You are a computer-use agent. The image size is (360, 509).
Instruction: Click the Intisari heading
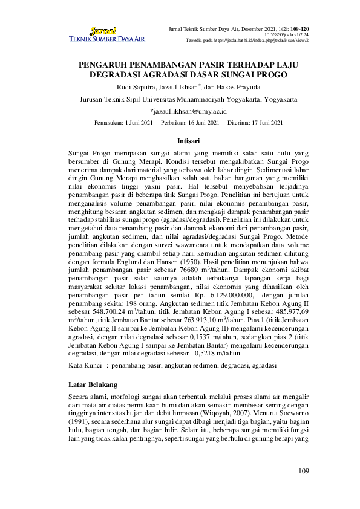click(x=180, y=140)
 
